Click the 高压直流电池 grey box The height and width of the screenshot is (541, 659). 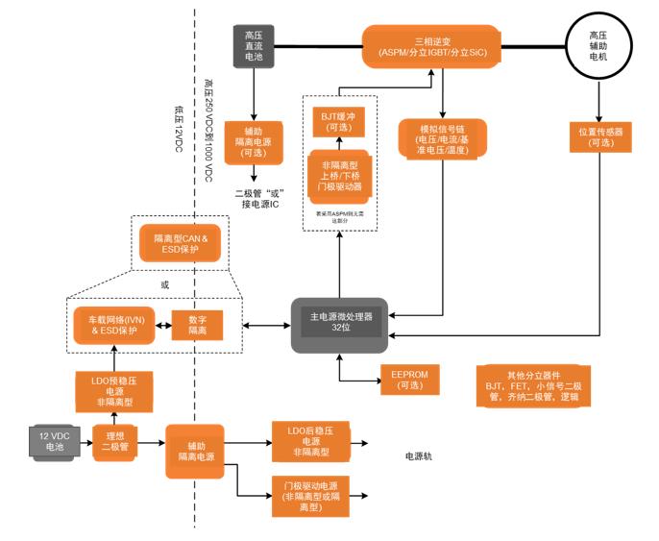pyautogui.click(x=254, y=44)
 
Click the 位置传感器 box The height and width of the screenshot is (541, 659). pyautogui.click(x=602, y=135)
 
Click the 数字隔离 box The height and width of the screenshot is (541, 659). pyautogui.click(x=196, y=325)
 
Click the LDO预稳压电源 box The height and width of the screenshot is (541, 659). pyautogui.click(x=113, y=392)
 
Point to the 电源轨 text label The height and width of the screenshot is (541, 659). pyautogui.click(x=419, y=455)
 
